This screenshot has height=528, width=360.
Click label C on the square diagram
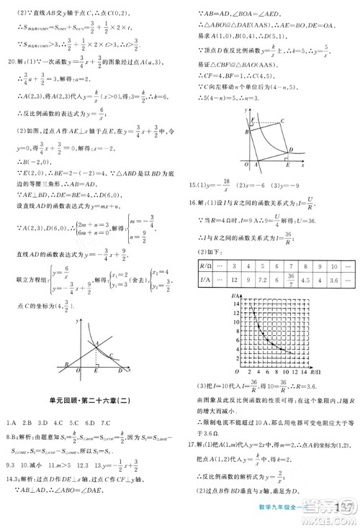(283, 120)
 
